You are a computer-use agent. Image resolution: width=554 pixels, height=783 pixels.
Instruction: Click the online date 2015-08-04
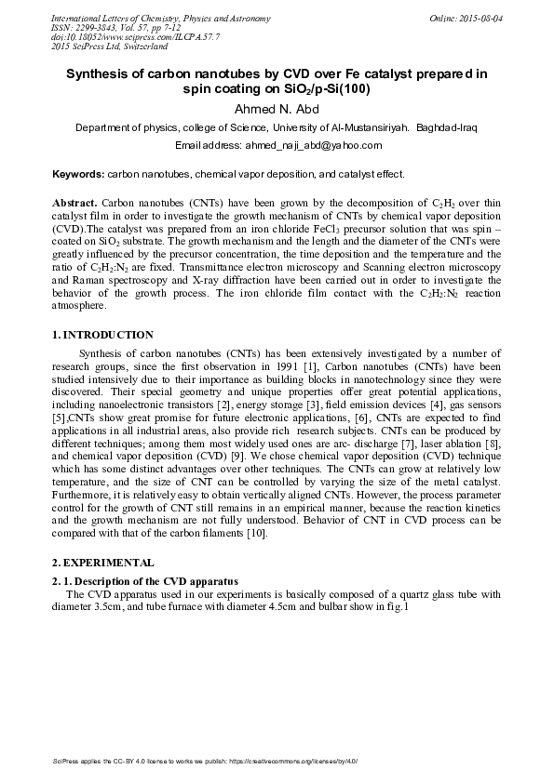(x=479, y=19)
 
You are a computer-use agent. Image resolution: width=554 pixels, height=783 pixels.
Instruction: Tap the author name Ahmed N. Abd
(x=277, y=110)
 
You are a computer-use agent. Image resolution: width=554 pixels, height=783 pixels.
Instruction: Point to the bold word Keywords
(x=78, y=174)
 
